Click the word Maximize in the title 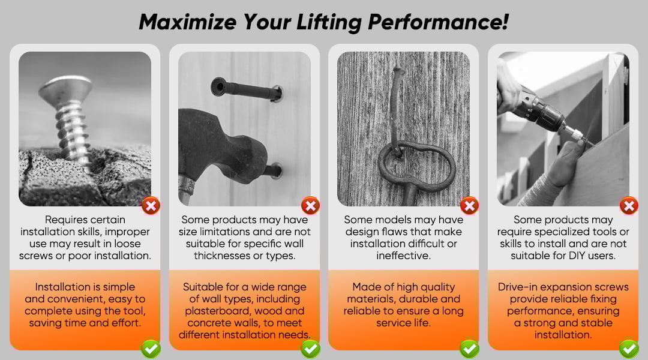click(x=187, y=22)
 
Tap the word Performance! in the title click(x=438, y=22)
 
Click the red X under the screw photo click(x=151, y=205)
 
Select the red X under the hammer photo click(x=310, y=205)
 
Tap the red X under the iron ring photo click(x=469, y=205)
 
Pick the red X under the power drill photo click(x=629, y=205)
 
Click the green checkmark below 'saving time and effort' click(x=151, y=349)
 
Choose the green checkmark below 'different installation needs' click(x=310, y=349)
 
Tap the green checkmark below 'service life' click(x=469, y=349)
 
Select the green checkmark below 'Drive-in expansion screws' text click(x=629, y=349)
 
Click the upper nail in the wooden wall click(x=247, y=89)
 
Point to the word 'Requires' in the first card click(x=67, y=220)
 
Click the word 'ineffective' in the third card click(x=403, y=256)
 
